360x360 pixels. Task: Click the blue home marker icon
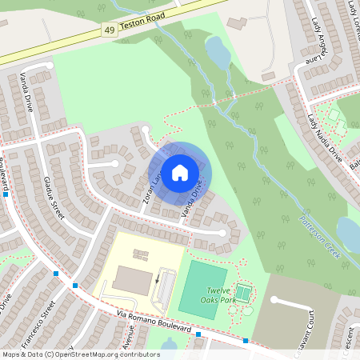180,172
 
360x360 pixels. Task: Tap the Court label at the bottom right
300,324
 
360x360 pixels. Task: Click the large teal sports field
202,289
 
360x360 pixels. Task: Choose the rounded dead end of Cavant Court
274,301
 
